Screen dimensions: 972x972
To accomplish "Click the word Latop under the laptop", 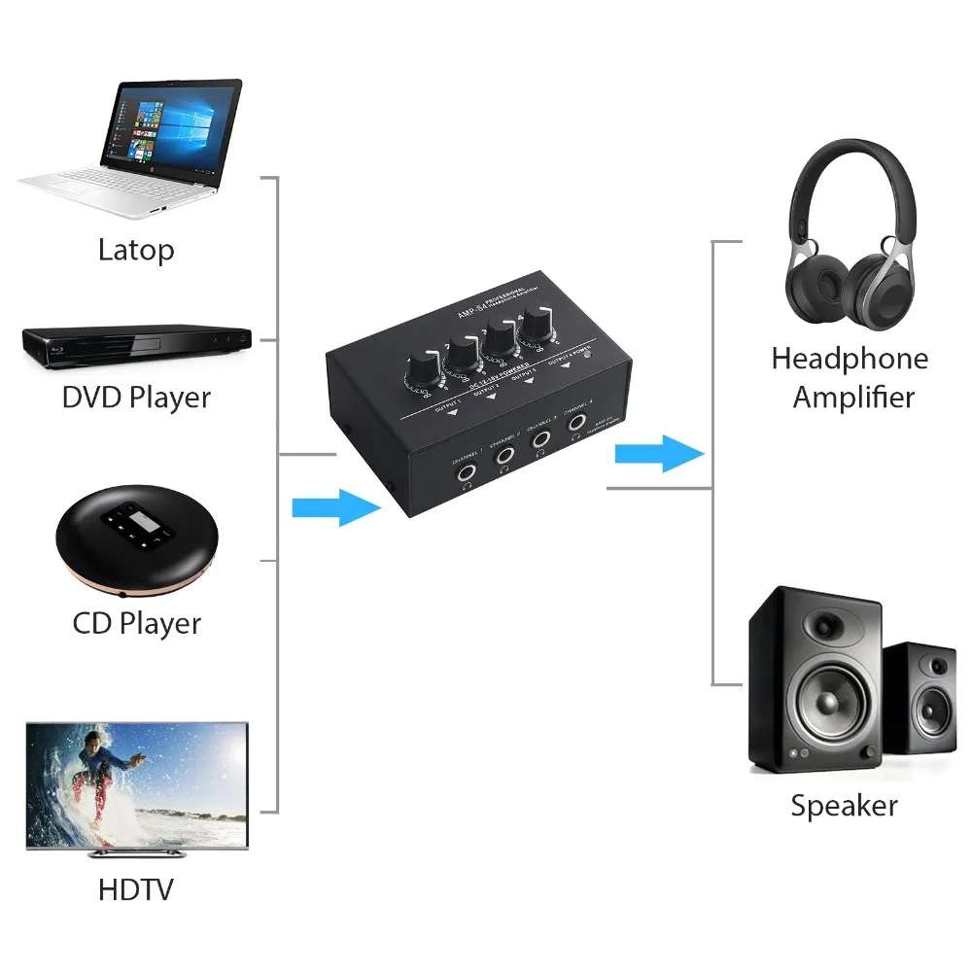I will [x=136, y=250].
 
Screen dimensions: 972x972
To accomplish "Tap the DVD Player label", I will [x=136, y=398].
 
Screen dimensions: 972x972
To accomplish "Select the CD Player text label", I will [x=137, y=623].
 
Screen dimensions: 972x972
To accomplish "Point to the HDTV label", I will [x=136, y=889].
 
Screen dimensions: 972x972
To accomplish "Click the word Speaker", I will [x=844, y=806].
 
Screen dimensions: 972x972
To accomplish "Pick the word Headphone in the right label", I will [x=850, y=359].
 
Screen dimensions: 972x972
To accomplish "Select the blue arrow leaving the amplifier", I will [x=660, y=453].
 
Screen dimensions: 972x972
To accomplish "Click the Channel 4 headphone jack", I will [x=577, y=423].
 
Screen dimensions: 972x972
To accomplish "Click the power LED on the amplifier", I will [x=588, y=355].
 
